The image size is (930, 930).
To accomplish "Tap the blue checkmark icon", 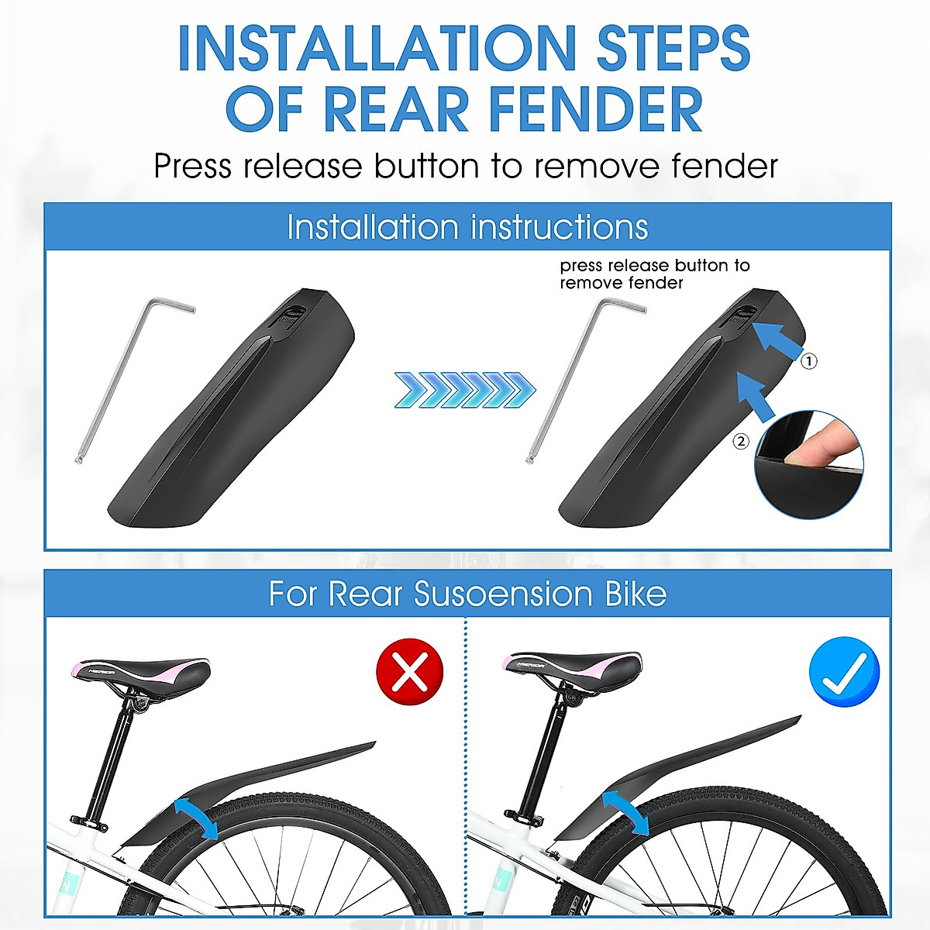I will pyautogui.click(x=844, y=671).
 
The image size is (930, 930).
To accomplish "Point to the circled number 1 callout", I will pyautogui.click(x=808, y=361).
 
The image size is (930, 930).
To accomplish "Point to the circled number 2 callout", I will pyautogui.click(x=741, y=441).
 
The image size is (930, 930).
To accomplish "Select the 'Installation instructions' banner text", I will pyautogui.click(x=467, y=227).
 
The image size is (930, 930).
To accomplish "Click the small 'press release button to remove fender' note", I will pyautogui.click(x=655, y=274).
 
